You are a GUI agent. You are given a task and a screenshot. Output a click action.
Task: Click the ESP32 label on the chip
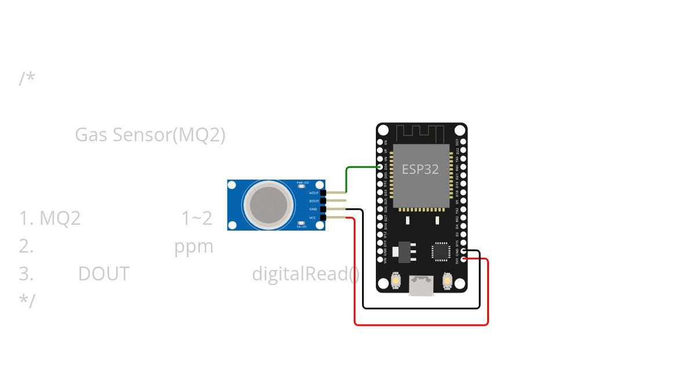pyautogui.click(x=420, y=169)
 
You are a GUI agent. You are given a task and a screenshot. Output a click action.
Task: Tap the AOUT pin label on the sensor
pyautogui.click(x=314, y=193)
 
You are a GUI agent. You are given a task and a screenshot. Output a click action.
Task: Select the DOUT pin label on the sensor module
pyautogui.click(x=314, y=201)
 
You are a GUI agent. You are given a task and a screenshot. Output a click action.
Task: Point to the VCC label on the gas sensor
pyautogui.click(x=313, y=218)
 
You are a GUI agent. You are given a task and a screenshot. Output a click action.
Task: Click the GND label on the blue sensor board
pyautogui.click(x=313, y=209)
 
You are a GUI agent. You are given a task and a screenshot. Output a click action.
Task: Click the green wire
pyautogui.click(x=347, y=177)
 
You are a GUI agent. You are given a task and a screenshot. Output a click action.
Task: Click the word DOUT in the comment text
pyautogui.click(x=104, y=274)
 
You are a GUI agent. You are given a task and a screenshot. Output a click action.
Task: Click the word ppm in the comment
pyautogui.click(x=194, y=247)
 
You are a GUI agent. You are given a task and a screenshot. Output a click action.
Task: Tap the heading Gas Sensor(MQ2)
pyautogui.click(x=150, y=135)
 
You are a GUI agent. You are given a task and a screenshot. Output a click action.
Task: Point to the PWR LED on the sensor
pyautogui.click(x=302, y=186)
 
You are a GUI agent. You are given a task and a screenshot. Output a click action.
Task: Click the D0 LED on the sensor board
pyautogui.click(x=302, y=223)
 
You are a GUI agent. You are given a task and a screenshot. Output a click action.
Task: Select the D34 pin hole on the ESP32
pyautogui.click(x=380, y=167)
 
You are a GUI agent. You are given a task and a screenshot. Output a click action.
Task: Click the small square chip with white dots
pyautogui.click(x=440, y=251)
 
